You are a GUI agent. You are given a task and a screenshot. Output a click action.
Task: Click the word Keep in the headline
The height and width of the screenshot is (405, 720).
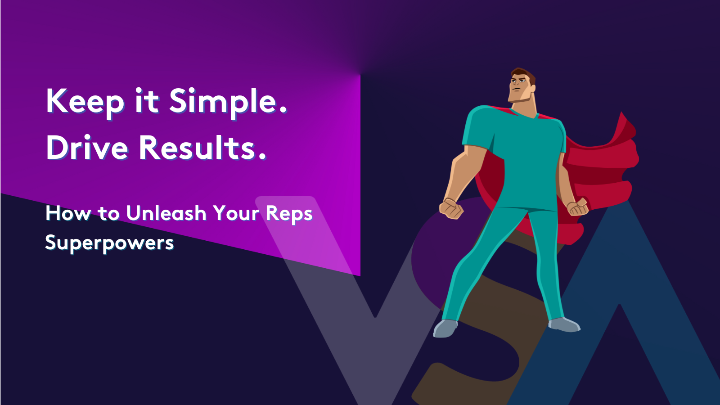click(85, 102)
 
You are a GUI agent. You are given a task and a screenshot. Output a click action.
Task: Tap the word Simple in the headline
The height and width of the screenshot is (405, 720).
click(223, 102)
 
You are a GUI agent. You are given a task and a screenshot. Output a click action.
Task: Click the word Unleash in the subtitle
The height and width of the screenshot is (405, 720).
click(166, 213)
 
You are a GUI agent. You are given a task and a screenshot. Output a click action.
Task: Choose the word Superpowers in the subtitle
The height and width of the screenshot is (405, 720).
click(109, 243)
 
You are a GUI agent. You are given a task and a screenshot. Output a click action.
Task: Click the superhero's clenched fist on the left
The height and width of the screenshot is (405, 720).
click(451, 208)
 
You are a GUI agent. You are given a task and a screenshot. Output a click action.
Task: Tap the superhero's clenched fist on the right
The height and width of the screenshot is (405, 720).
click(578, 207)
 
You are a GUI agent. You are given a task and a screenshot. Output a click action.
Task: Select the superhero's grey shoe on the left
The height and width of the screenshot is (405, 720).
click(445, 328)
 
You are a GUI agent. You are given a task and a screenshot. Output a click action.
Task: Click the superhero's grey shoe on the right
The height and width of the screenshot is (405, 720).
click(564, 324)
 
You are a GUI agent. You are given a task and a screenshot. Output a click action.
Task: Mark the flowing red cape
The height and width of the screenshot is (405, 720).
click(603, 171)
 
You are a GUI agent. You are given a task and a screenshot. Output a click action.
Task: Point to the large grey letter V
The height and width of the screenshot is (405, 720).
click(342, 315)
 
